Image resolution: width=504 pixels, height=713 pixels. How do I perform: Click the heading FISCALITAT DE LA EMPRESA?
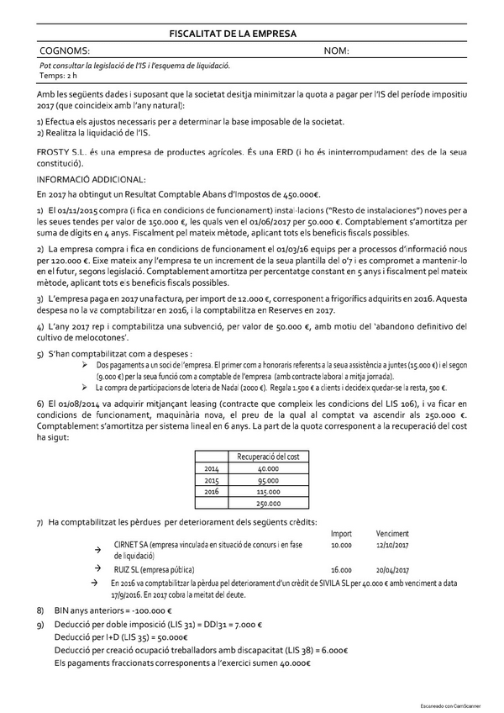point(233,34)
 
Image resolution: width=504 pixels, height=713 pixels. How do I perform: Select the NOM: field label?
point(336,51)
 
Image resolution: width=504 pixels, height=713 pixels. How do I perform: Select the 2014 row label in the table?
point(212,467)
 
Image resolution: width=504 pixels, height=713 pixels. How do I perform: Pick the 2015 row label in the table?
point(212,479)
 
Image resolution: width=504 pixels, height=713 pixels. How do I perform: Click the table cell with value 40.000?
point(269,467)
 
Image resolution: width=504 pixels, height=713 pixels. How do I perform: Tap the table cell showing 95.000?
point(269,479)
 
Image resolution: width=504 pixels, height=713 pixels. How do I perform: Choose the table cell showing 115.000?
point(269,491)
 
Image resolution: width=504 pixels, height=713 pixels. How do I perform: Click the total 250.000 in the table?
point(269,503)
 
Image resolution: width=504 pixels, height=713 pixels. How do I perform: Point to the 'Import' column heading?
point(341,533)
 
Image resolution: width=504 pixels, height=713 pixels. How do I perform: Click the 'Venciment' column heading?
point(393,533)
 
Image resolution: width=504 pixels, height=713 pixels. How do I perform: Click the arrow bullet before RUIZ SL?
point(97,569)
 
